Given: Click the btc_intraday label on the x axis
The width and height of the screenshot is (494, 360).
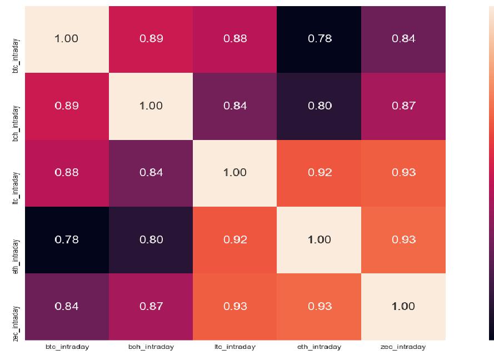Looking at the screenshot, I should coord(67,347).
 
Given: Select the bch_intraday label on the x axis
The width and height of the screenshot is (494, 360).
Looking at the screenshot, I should coord(151,347).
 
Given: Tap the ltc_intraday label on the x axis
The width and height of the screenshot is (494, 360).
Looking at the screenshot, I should coord(235,347).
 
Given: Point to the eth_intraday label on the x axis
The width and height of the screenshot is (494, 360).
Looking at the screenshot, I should coord(319,347).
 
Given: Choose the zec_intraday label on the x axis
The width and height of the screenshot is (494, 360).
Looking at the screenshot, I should coord(403,347).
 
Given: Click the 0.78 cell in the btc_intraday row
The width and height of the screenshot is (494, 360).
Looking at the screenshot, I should coord(319,39).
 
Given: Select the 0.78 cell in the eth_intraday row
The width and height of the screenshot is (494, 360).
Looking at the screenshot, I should coord(67,239).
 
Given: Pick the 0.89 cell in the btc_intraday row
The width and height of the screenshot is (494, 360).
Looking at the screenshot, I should coord(151,39).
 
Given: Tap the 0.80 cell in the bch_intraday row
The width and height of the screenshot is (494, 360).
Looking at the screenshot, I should coord(319,106).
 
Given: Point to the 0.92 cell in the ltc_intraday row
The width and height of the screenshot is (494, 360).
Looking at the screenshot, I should coord(319,173).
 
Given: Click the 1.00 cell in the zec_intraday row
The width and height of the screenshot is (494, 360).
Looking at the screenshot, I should coord(403,307).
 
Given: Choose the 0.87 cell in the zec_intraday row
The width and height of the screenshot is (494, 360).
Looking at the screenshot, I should coord(151,307).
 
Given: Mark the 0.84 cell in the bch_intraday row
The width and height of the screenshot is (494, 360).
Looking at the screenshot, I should coord(235,106).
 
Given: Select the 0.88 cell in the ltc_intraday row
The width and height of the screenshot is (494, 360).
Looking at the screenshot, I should coord(67,173).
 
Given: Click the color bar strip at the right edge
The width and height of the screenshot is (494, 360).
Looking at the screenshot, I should coord(491,173).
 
